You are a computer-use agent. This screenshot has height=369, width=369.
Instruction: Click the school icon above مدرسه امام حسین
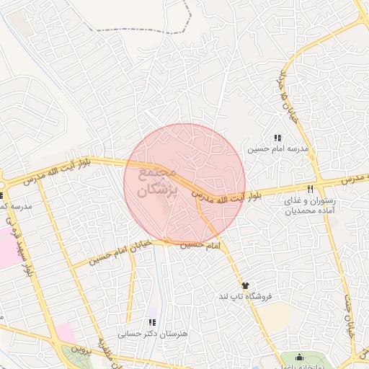click(277, 138)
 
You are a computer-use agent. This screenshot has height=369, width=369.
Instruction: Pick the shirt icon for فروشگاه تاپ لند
click(244, 285)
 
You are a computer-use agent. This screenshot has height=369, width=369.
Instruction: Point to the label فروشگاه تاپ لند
click(244, 297)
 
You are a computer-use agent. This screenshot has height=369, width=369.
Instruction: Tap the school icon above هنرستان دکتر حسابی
click(152, 322)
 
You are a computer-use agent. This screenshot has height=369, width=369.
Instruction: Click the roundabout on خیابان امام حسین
click(166, 241)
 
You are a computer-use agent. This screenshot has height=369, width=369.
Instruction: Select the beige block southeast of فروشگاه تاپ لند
click(273, 317)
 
